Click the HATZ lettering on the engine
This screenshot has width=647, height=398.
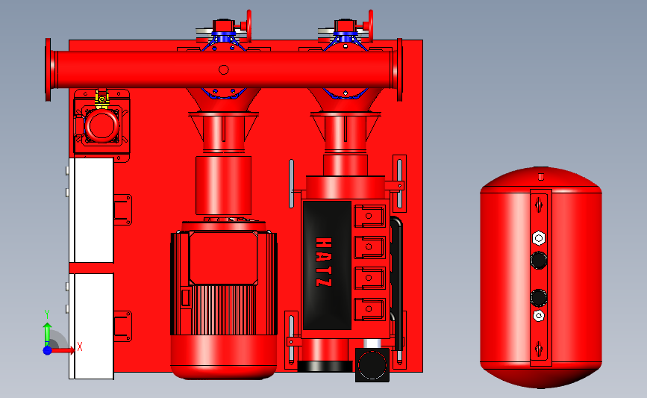(323, 262)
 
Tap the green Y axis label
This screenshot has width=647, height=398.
(47, 314)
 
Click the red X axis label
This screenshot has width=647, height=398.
(80, 346)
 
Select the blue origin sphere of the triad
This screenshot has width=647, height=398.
(48, 350)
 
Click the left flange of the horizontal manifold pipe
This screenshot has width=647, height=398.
(49, 69)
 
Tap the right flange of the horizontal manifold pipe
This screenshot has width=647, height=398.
(399, 69)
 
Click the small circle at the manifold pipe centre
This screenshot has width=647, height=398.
(224, 69)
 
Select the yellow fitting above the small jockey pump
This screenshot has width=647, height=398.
(102, 99)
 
